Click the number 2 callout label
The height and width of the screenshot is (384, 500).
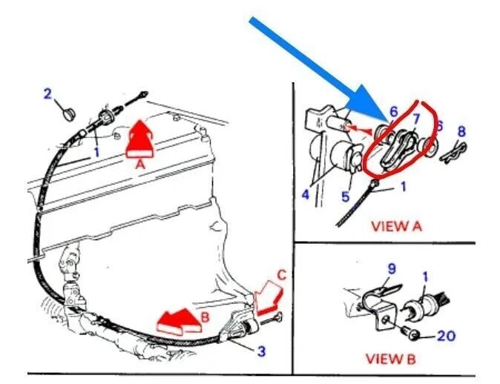pos(47,94)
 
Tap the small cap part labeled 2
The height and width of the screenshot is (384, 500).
pos(68,113)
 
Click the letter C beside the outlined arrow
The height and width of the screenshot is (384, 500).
pos(280,275)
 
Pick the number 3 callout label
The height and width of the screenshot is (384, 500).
pos(260,351)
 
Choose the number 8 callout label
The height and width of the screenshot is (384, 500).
pos(461,131)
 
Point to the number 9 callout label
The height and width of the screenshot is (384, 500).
pos(392,266)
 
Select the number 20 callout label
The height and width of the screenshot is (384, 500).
pos(446,335)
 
